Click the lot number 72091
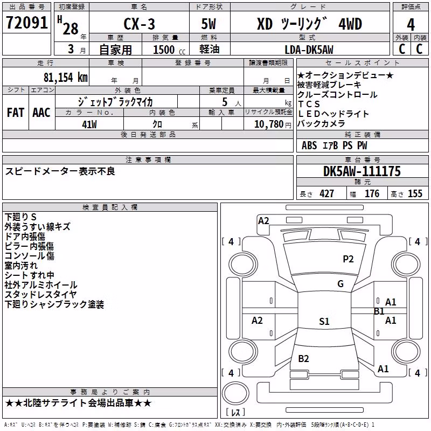tap(27, 23)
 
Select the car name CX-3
tap(139, 24)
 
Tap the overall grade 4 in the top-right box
tap(411, 25)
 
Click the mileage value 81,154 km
tap(65, 78)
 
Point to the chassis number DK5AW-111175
tap(362, 171)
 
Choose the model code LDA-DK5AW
tap(309, 50)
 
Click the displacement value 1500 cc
tap(169, 50)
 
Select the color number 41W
tap(89, 124)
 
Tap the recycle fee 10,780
tap(268, 124)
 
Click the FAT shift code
tap(16, 113)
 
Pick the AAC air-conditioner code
tap(41, 113)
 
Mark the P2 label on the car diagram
tap(348, 259)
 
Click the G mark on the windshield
tap(340, 284)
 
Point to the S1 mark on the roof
tap(324, 321)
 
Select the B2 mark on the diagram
tap(303, 359)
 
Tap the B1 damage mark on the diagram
tap(379, 311)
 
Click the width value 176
tap(372, 193)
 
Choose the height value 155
tap(415, 193)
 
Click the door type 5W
tap(208, 24)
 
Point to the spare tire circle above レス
tap(235, 393)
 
